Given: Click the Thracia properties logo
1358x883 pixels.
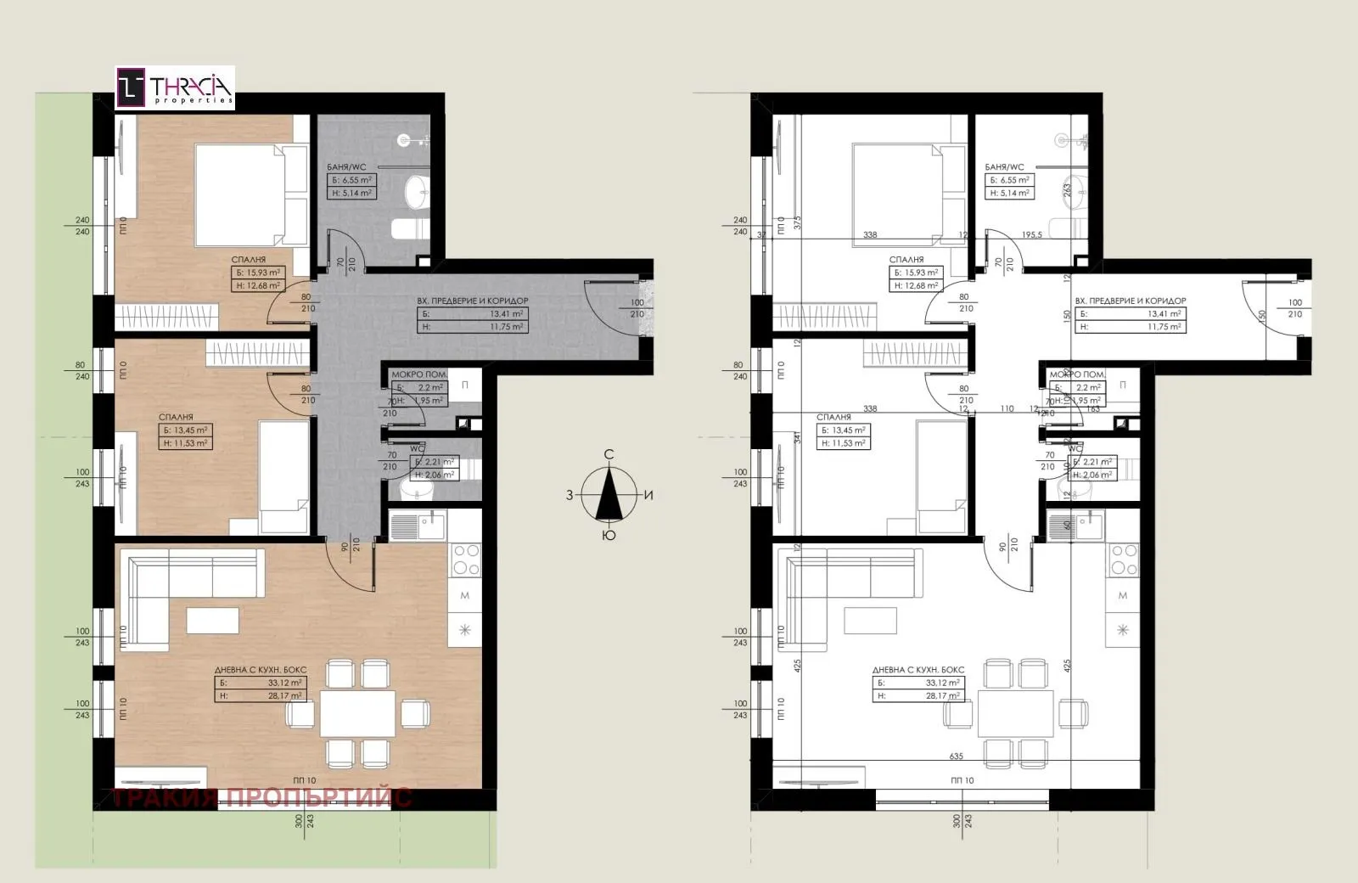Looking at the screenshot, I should [x=175, y=88].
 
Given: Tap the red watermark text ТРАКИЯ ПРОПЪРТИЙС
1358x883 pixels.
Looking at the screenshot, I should [x=262, y=797].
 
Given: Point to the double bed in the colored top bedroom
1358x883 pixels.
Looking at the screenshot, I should [x=250, y=194].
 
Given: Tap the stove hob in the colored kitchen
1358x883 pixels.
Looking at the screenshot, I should [x=466, y=560].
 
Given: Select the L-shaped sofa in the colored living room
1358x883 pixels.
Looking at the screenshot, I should [x=170, y=586].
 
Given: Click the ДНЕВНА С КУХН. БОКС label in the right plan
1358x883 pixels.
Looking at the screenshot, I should [x=918, y=670].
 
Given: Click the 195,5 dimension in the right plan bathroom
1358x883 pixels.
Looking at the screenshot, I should [x=1032, y=234].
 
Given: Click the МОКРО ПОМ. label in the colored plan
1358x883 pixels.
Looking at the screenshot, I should [x=419, y=374].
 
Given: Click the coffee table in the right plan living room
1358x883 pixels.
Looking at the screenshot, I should [x=870, y=621].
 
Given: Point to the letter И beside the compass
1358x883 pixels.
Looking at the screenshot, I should [x=648, y=495].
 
